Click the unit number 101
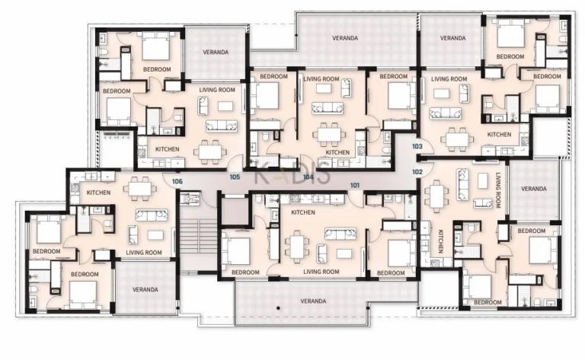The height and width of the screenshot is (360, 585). click(355, 185)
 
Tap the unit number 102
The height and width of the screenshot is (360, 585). click(417, 172)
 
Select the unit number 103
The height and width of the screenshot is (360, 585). click(417, 146)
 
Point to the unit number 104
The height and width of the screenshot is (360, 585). click(308, 177)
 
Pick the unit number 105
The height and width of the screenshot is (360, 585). click(235, 177)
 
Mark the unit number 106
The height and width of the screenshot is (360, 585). click(177, 181)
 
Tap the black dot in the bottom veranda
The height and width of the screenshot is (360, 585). click(278, 308)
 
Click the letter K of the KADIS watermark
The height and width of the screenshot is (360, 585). click(263, 173)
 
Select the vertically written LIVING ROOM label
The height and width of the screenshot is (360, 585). click(497, 190)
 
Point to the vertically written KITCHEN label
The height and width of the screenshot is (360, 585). click(440, 241)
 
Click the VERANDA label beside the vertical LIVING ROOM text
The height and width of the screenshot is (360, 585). click(533, 189)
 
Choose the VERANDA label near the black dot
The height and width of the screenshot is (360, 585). click(313, 301)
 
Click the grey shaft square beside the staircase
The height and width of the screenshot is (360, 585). click(235, 212)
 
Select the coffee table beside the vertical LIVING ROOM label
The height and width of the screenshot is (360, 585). click(483, 181)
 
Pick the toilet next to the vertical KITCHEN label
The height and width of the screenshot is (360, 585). click(472, 228)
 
